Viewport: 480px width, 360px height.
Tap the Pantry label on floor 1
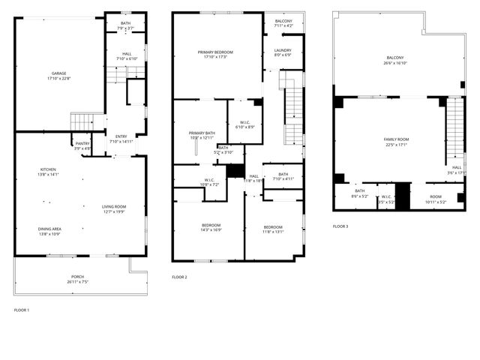[82, 143]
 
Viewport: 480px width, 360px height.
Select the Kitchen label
[48, 170]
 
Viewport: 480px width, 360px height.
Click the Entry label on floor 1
[121, 136]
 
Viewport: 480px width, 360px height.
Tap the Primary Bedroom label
[215, 52]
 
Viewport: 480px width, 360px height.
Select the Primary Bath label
[201, 133]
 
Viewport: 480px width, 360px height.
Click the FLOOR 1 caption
[22, 310]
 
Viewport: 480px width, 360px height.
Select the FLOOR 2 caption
[179, 277]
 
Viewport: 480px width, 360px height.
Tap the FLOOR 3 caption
[340, 226]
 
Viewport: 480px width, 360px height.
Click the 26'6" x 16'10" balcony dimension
[395, 63]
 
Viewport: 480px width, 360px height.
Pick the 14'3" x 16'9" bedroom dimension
[211, 230]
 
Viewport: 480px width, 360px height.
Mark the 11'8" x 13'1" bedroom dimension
[273, 232]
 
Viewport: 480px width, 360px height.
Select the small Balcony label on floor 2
[283, 21]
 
